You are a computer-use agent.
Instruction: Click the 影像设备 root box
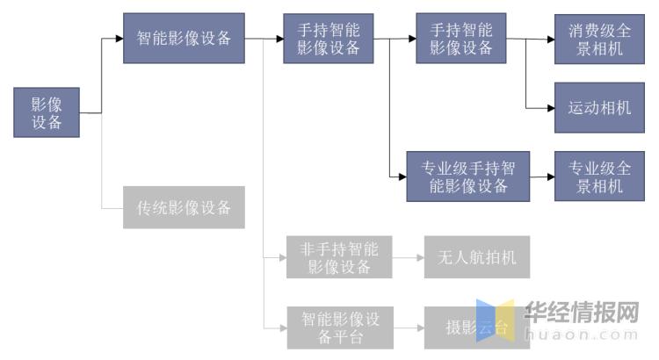[47, 112]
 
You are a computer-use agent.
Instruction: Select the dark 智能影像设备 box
[184, 38]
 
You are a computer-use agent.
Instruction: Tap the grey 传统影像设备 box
[184, 207]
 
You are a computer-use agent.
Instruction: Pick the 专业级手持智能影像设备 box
[468, 176]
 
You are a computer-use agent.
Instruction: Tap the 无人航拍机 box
[477, 257]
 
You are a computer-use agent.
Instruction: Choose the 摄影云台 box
[477, 328]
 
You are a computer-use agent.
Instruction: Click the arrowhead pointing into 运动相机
[548, 108]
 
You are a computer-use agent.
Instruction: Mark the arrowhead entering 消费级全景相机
[548, 39]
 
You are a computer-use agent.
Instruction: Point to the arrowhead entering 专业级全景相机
[548, 176]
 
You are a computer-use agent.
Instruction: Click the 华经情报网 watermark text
[582, 312]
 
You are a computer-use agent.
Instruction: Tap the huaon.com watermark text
[582, 335]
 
